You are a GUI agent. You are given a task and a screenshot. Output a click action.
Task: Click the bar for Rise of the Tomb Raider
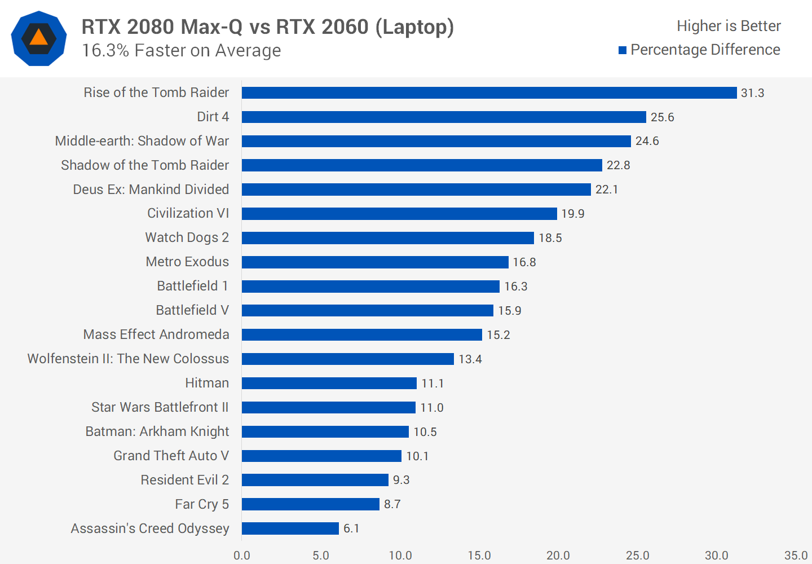(489, 92)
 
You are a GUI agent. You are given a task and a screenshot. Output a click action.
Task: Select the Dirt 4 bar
(444, 117)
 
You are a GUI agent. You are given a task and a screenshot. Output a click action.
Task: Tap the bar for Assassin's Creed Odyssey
(290, 528)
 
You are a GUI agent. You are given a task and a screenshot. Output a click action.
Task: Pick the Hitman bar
(329, 384)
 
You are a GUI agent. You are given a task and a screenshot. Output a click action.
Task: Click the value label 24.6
(647, 141)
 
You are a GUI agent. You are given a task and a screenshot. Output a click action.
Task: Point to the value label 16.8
(524, 262)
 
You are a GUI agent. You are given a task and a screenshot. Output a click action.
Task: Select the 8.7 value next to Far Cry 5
(392, 504)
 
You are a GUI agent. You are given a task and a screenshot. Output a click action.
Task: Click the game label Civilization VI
(188, 213)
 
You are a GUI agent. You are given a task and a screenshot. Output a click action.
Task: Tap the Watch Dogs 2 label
(187, 237)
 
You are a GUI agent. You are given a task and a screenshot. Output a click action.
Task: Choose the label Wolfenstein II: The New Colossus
(128, 359)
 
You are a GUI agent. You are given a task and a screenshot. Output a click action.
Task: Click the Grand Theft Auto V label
(171, 456)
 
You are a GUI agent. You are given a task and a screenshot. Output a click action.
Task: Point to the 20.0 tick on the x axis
(558, 556)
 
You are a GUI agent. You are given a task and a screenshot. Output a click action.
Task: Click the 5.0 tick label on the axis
(321, 556)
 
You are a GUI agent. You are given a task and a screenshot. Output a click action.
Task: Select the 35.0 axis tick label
(796, 556)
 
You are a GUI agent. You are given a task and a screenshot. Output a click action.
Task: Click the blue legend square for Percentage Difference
(623, 50)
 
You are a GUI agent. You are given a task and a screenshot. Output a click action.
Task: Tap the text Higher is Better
(729, 26)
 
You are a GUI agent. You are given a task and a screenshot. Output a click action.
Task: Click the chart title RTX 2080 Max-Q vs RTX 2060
(267, 27)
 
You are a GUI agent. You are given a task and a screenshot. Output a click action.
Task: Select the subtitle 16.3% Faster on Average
(181, 51)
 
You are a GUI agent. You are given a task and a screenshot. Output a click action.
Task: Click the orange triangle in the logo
(38, 38)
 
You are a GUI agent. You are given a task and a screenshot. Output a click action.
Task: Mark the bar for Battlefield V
(367, 311)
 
